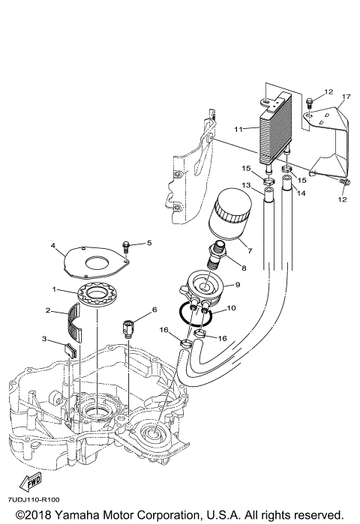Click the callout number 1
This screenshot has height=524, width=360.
point(54,289)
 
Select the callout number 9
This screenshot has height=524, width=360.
point(237,285)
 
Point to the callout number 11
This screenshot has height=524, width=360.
point(237,129)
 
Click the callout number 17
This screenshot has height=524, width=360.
point(346,97)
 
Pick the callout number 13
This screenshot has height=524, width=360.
point(246,184)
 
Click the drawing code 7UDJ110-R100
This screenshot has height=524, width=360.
point(34,499)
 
